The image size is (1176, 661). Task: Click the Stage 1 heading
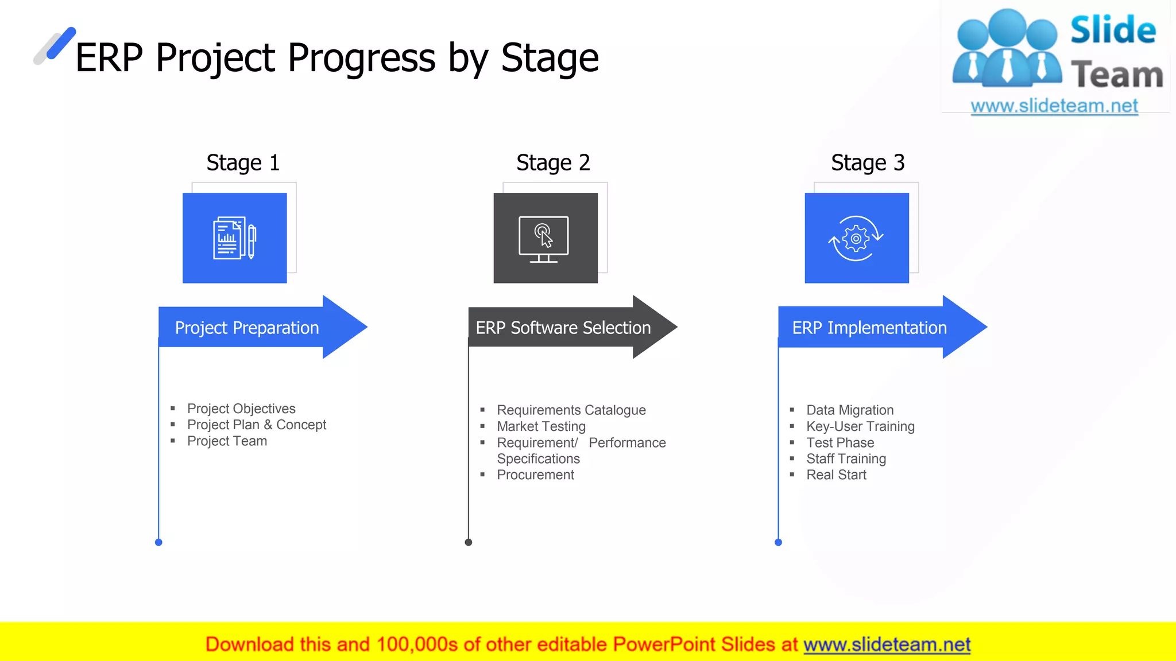[x=243, y=163]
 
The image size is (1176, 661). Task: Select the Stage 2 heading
[x=553, y=163]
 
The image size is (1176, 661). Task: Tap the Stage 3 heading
[x=868, y=163]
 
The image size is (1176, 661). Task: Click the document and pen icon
[x=234, y=238]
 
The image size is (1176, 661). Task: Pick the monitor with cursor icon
[x=544, y=238]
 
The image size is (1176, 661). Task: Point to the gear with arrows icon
[x=856, y=238]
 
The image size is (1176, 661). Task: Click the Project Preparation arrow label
[x=247, y=328]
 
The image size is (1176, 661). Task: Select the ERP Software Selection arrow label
[x=563, y=328]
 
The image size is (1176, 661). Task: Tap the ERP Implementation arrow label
[x=869, y=328]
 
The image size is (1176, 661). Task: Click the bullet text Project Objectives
[x=241, y=409]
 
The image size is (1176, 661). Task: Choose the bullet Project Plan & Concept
[x=256, y=425]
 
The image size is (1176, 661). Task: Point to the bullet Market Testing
[x=541, y=426]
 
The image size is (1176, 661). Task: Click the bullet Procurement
[x=535, y=475]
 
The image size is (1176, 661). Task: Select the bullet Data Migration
[x=850, y=410]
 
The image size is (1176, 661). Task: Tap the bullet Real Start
[x=836, y=475]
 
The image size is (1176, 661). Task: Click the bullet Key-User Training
[x=860, y=426]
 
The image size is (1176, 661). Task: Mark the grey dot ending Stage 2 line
[x=469, y=542]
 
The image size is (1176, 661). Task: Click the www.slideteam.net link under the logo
[x=1054, y=106]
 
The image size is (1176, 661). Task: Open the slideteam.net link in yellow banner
[x=887, y=644]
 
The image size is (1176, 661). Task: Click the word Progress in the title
[x=361, y=57]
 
